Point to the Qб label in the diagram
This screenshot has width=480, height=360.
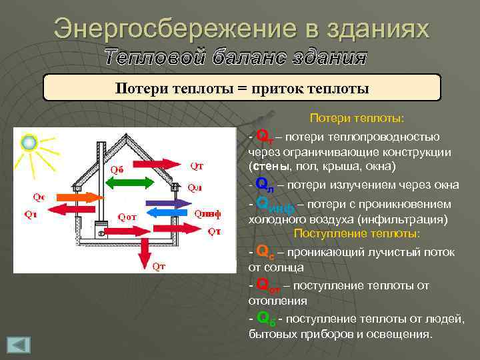[117, 169]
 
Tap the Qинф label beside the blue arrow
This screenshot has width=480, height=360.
[207, 213]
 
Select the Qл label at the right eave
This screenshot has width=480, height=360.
[195, 187]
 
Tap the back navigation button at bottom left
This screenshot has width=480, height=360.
[19, 345]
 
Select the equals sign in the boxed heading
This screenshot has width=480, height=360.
[241, 89]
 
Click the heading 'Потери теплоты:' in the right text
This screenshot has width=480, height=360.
[357, 119]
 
